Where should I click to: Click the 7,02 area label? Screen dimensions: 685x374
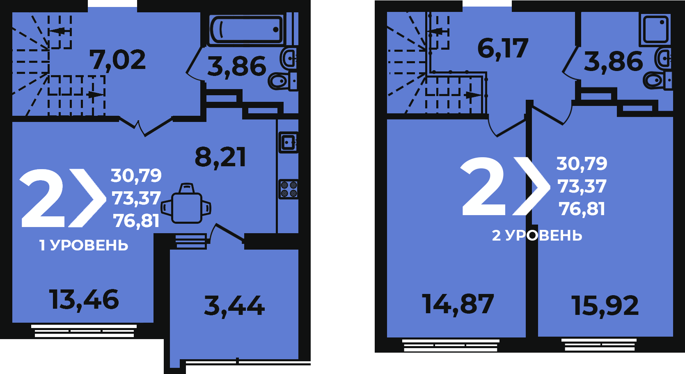click(x=117, y=60)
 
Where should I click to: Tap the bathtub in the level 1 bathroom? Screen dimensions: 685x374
click(x=246, y=30)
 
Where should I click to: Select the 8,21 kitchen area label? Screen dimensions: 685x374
click(x=220, y=157)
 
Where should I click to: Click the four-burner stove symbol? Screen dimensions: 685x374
click(x=289, y=189)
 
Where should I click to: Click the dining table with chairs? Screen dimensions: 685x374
click(x=186, y=204)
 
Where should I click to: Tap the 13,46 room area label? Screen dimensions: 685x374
click(x=84, y=300)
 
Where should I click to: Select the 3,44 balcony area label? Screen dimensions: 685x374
click(x=234, y=306)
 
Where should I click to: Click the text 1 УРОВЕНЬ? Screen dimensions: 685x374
click(x=84, y=245)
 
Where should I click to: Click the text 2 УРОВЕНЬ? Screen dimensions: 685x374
click(x=537, y=236)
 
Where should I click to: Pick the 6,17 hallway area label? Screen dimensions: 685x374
click(x=503, y=48)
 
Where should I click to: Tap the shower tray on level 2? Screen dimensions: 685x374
click(x=655, y=30)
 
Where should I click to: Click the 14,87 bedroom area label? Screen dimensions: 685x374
click(x=458, y=304)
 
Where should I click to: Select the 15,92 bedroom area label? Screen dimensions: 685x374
click(x=605, y=305)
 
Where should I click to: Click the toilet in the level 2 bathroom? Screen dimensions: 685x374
click(x=658, y=81)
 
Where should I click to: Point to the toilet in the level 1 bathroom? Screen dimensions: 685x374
click(x=282, y=81)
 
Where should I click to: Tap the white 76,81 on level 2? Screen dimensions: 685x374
click(x=582, y=209)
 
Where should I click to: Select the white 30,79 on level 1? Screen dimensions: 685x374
click(x=136, y=175)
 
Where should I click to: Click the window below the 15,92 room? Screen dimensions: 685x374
click(x=599, y=344)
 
